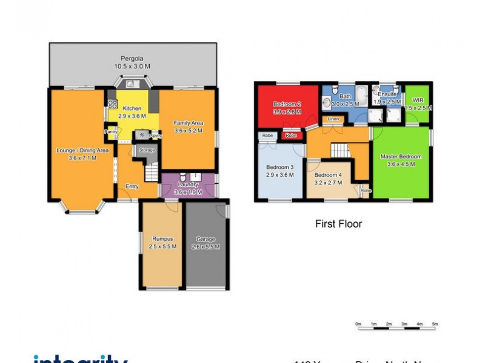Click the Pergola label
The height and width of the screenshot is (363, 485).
coord(132,59)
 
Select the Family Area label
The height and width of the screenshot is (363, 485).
coord(188,122)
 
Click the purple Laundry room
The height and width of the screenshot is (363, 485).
coord(188,185)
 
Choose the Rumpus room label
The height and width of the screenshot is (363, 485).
coord(162,239)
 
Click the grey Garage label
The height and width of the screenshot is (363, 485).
coord(206,239)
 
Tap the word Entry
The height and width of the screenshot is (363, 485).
coord(132,186)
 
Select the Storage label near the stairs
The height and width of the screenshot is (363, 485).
coord(147,149)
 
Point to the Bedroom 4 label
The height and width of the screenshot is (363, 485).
coord(327,175)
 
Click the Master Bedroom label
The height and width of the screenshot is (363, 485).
coord(401,157)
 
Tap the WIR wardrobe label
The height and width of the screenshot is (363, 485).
coord(418,100)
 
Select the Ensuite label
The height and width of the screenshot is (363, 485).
coord(387,94)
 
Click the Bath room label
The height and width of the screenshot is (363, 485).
coord(345,96)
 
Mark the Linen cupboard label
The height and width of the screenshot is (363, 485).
coord(333,119)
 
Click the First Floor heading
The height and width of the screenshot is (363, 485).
coord(338,224)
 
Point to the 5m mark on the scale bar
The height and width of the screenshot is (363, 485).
coord(435,324)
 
